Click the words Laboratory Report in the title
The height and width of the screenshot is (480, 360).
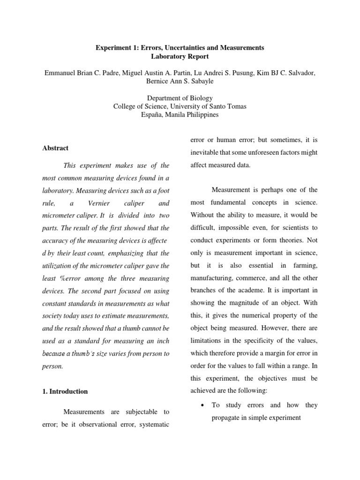tap(180, 56)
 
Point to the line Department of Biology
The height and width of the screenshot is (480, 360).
tap(180, 98)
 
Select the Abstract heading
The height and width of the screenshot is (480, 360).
tap(55, 148)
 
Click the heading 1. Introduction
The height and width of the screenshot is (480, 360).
tap(65, 391)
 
